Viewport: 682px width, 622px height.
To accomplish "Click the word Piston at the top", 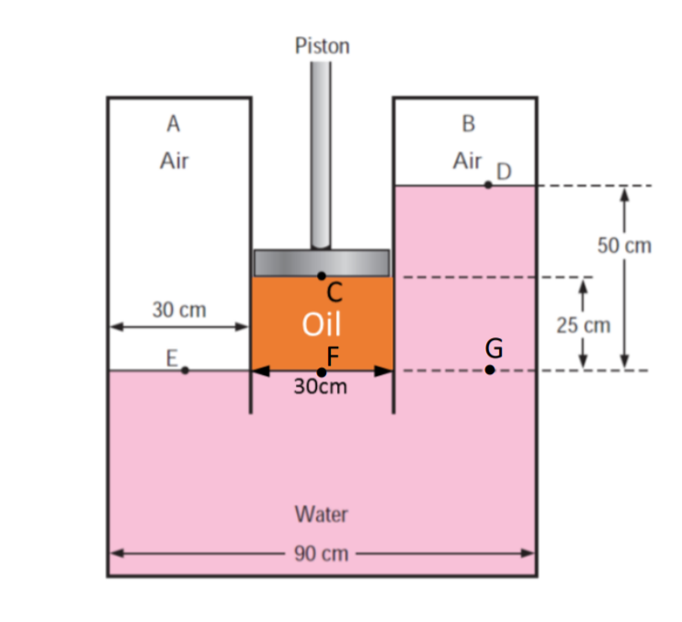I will click(x=322, y=46).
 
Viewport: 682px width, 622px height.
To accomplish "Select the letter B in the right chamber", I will click(x=469, y=121).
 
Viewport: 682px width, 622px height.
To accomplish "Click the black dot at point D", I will click(x=489, y=185).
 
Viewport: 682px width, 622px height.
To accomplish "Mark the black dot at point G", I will click(x=490, y=370).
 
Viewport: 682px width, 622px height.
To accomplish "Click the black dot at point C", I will click(x=321, y=275).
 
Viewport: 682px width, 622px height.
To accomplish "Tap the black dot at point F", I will click(x=321, y=371).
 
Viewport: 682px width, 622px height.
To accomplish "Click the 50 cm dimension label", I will click(x=624, y=246).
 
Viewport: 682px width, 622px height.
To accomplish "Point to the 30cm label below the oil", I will click(x=321, y=387).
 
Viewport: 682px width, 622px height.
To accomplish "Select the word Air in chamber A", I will click(x=174, y=162).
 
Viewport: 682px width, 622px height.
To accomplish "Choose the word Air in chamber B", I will click(x=467, y=162).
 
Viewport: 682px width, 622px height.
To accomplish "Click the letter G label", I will click(x=494, y=348).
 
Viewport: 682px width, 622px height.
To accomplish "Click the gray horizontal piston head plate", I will click(x=321, y=262).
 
